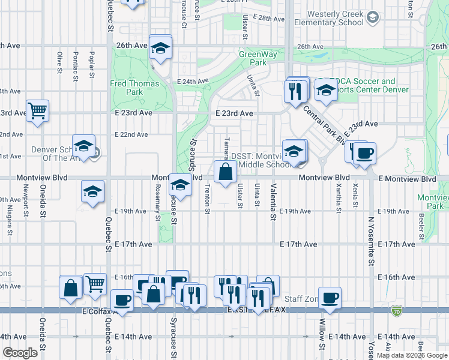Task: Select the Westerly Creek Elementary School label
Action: coord(335,18)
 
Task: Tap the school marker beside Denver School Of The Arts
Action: coord(84,146)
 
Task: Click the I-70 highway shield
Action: coord(396,311)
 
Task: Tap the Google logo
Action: coord(20,353)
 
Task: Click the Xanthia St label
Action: coord(339,198)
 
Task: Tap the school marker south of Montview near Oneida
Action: coord(92,191)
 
